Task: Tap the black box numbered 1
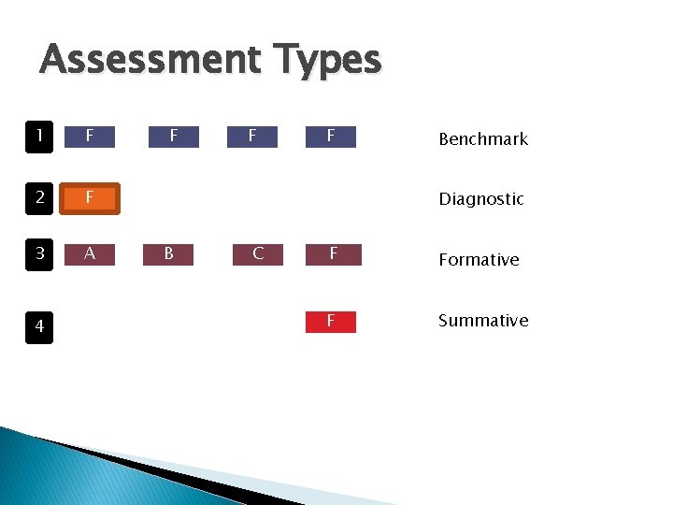click(x=39, y=137)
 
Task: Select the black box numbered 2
click(x=39, y=197)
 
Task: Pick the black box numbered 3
click(x=39, y=254)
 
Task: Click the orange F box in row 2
click(x=89, y=197)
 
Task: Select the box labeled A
click(x=89, y=253)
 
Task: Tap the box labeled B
click(x=169, y=253)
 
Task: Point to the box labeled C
click(x=257, y=253)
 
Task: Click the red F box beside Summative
click(x=331, y=322)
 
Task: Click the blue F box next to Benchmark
click(x=331, y=137)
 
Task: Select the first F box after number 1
click(x=89, y=137)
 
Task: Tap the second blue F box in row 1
click(x=174, y=137)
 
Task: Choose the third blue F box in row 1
click(x=252, y=137)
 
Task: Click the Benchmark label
click(x=483, y=139)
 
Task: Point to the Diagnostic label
click(x=481, y=198)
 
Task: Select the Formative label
click(x=479, y=259)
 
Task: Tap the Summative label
click(x=483, y=320)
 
